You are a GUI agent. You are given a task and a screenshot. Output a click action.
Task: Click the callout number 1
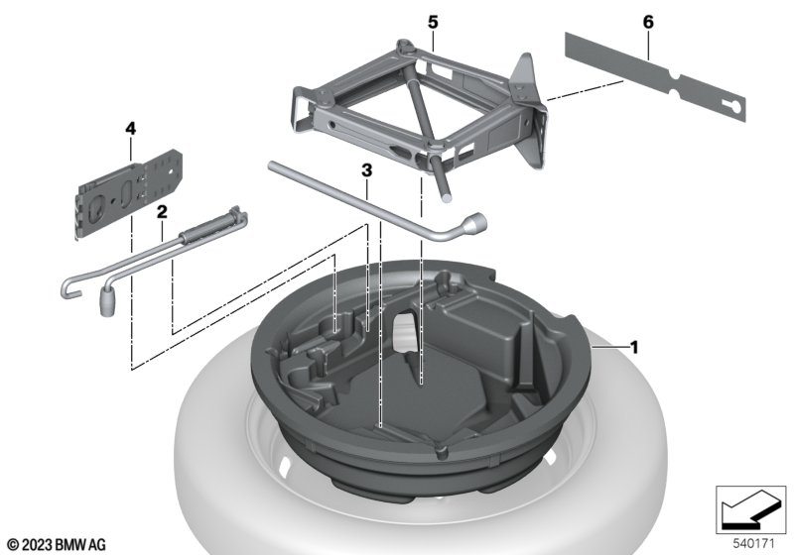coord(633,348)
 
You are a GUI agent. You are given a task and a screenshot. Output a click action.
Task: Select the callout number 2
coord(162,212)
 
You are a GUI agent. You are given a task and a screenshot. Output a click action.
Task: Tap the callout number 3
coord(366,170)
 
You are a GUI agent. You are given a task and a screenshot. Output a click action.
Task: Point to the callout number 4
coord(131,129)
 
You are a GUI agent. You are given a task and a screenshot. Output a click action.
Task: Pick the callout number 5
coord(433,23)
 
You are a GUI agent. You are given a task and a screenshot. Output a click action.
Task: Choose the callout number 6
coord(648,22)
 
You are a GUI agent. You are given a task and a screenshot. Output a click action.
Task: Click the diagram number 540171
coord(754,544)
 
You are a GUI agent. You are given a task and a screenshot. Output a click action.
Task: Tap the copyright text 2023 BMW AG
coord(57,545)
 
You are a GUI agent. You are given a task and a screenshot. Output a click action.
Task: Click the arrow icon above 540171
coord(750,509)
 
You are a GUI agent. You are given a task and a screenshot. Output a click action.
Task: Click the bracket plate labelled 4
coord(129,193)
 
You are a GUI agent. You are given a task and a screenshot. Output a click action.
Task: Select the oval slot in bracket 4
coord(127,193)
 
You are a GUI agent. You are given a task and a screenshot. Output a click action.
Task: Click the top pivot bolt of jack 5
coord(404,46)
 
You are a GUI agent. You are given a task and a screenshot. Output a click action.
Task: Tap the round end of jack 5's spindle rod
coord(445,197)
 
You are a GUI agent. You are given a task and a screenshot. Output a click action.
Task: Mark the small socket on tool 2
coord(107,301)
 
